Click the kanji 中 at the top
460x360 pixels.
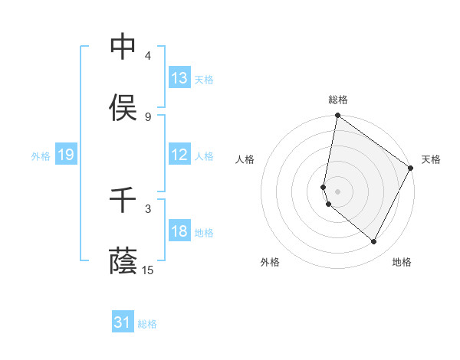tap(123, 47)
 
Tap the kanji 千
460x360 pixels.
tap(123, 201)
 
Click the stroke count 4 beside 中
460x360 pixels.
tap(148, 56)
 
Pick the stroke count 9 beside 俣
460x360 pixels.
tap(148, 116)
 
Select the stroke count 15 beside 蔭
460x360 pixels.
tap(148, 270)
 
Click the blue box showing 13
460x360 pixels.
tap(179, 78)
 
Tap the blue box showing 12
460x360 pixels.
tap(179, 155)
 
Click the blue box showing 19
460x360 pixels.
tap(66, 155)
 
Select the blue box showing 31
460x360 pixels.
tap(123, 323)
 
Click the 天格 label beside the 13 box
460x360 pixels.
tap(204, 79)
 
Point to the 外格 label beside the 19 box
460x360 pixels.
tap(41, 156)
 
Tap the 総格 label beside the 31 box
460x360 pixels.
tap(147, 324)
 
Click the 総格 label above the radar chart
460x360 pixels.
tap(338, 100)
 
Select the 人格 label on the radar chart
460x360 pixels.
tap(245, 159)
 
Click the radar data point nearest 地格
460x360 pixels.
tap(374, 242)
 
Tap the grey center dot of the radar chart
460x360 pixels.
tap(338, 191)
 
